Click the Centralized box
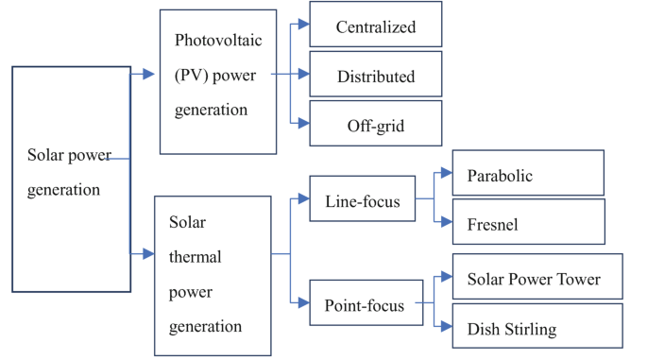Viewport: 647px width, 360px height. [375, 26]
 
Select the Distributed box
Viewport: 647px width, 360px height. [375, 76]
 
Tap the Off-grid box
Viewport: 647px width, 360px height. [375, 125]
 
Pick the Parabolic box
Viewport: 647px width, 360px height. [528, 175]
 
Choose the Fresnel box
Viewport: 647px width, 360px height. [528, 224]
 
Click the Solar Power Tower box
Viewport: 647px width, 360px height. [537, 279]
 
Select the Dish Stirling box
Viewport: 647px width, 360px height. [537, 329]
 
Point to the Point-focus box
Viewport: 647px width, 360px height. [364, 304]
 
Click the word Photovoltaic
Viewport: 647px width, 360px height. [216, 40]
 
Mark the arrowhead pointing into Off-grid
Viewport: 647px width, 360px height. [302, 124]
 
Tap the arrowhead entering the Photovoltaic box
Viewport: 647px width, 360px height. [149, 74]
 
